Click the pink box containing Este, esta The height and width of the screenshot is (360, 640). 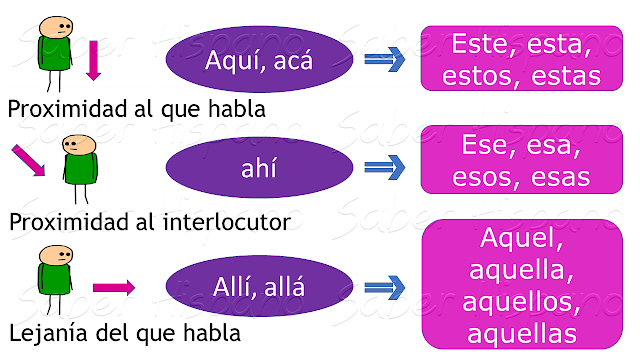click(520, 60)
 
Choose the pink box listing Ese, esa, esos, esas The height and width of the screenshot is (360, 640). click(520, 161)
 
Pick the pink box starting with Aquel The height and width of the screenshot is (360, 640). click(520, 284)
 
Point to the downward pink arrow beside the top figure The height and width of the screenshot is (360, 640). click(94, 60)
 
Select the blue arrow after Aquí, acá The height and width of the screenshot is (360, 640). click(384, 60)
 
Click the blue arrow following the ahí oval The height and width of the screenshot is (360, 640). click(384, 167)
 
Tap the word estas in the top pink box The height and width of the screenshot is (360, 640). click(566, 76)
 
